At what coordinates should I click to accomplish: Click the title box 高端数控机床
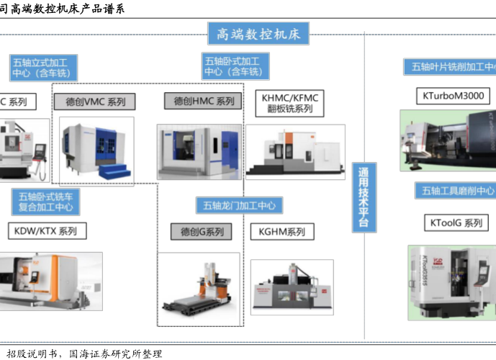point(258,33)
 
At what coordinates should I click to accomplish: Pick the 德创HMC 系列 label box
point(203,102)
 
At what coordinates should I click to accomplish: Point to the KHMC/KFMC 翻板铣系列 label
point(290,103)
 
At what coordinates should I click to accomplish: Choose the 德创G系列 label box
point(201,232)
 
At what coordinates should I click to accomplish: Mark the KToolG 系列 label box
point(456,223)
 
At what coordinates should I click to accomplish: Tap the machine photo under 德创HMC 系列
point(199,151)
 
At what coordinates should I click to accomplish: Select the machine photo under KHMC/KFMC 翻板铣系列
point(295,151)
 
